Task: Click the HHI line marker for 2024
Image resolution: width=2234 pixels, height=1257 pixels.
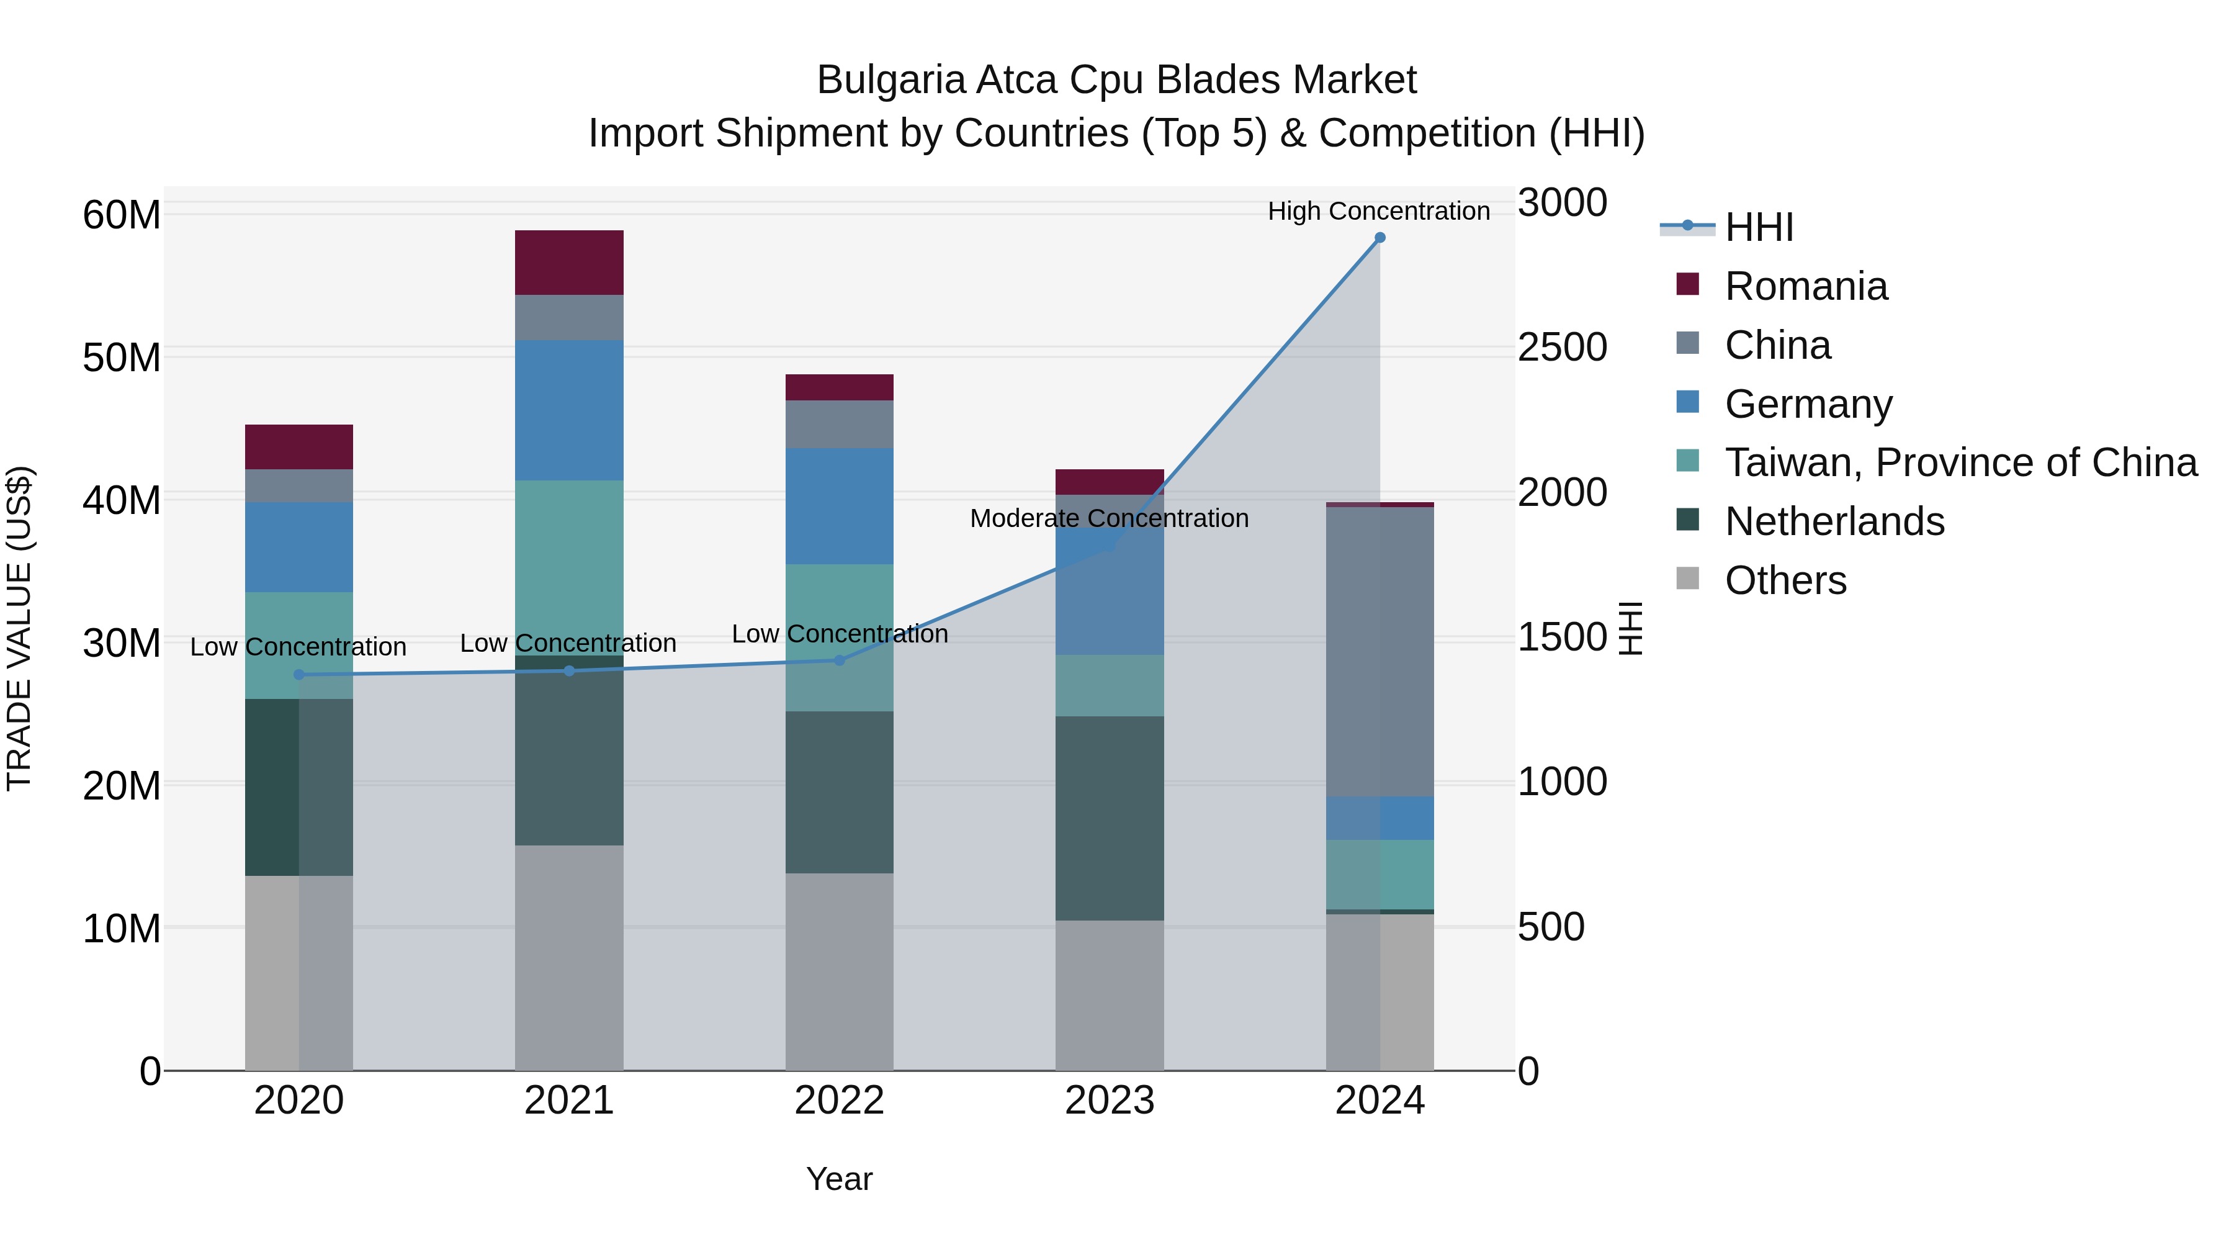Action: [1379, 238]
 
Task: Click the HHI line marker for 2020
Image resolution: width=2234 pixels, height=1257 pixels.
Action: [299, 675]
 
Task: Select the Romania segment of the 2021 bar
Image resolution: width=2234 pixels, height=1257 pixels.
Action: [569, 263]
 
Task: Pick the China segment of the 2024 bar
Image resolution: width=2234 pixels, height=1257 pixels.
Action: [1379, 651]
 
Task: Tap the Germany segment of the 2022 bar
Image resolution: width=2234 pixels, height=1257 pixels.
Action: [838, 506]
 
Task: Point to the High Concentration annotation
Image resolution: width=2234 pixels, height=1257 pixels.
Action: [1378, 211]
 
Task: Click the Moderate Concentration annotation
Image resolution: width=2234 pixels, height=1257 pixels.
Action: [1108, 518]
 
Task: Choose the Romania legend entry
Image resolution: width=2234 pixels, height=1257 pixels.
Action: [1806, 286]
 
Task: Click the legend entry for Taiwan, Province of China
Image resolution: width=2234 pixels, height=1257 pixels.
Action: [1960, 462]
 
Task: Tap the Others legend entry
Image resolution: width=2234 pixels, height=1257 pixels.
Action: [1785, 580]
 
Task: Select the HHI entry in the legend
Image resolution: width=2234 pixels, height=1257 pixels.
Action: [1758, 227]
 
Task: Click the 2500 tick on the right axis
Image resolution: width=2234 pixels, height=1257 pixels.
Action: [1562, 347]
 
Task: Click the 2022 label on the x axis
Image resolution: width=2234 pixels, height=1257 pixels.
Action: [838, 1101]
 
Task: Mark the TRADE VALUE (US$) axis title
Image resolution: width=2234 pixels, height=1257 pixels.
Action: [19, 628]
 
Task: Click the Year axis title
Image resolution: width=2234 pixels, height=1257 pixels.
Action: [838, 1179]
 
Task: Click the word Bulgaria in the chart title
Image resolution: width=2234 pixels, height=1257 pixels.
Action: [890, 80]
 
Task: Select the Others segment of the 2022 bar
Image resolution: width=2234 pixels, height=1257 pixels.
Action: [838, 971]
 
